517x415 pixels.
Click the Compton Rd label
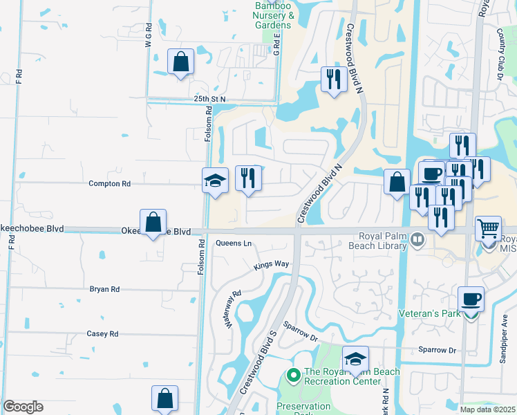tap(109, 184)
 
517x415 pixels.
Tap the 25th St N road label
tap(210, 100)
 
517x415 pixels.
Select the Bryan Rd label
tap(104, 289)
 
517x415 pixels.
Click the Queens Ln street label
tap(234, 243)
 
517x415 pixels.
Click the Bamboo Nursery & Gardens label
tap(273, 15)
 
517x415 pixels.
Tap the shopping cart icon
tap(489, 227)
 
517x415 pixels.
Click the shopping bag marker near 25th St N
tap(180, 62)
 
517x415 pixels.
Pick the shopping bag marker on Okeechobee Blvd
tap(153, 222)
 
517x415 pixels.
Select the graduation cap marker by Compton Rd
tap(215, 181)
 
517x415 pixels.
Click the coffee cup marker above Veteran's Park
tap(471, 299)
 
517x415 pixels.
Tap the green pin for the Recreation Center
tap(293, 376)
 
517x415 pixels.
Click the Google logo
tap(23, 407)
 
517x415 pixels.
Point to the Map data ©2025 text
tap(487, 409)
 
